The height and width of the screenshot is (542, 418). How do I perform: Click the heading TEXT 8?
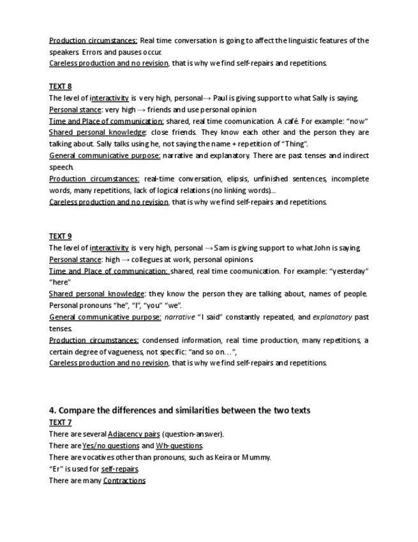point(60,86)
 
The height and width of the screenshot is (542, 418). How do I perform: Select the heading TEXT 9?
point(60,236)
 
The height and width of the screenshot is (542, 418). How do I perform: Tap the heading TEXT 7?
point(60,422)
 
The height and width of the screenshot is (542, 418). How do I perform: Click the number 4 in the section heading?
point(52,410)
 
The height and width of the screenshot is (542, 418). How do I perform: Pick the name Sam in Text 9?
point(227,248)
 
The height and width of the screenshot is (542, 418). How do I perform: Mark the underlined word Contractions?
point(124,480)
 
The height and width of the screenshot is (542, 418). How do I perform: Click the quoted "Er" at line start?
point(55,468)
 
